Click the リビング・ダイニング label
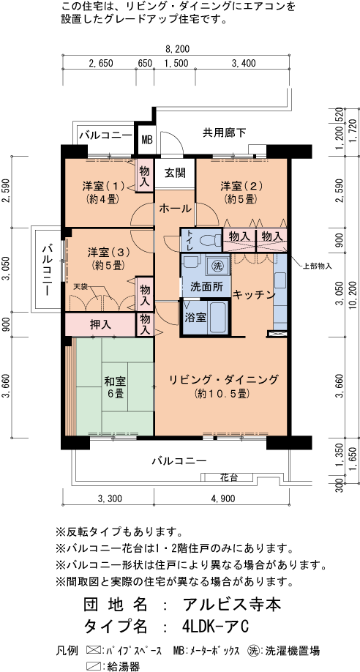[x=223, y=379]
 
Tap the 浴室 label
[x=195, y=318]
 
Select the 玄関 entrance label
[x=174, y=173]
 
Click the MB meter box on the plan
[x=146, y=139]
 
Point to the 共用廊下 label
[x=224, y=132]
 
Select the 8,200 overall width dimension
[x=177, y=49]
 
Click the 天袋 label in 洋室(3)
[x=79, y=286]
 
